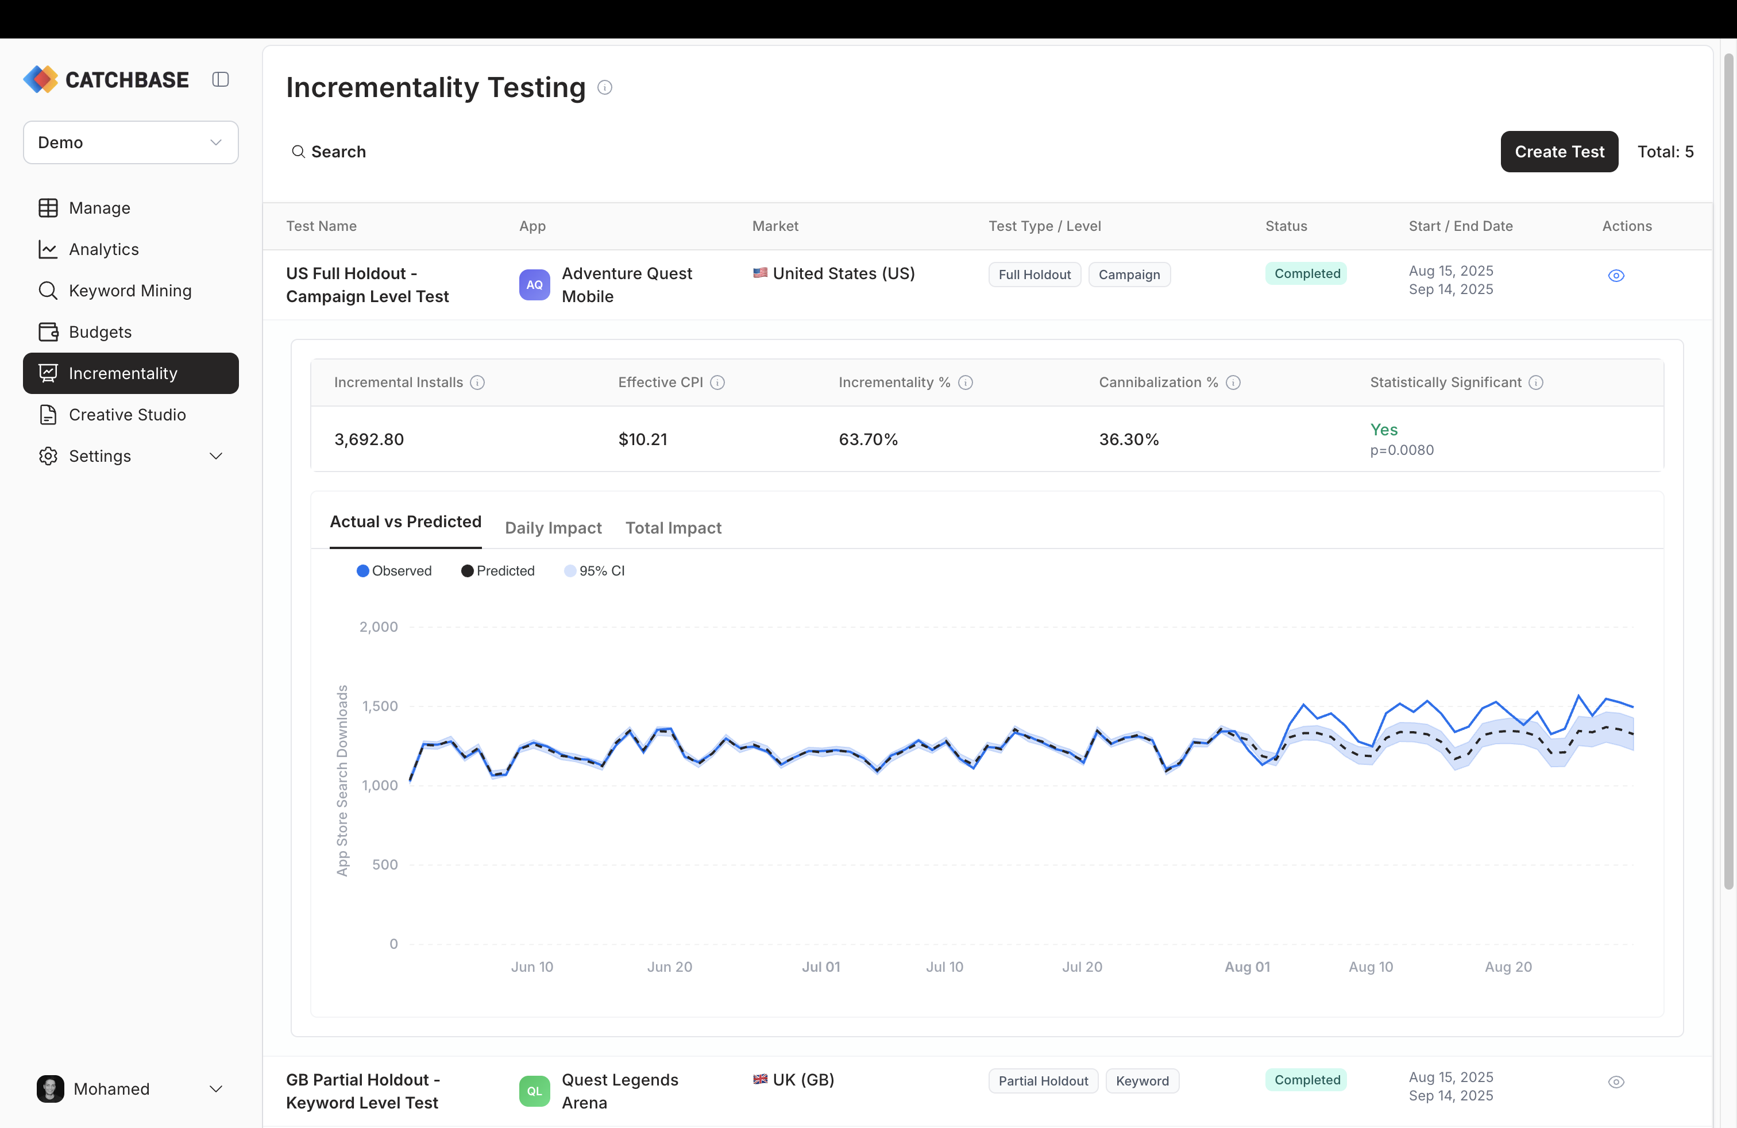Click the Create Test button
click(x=1558, y=152)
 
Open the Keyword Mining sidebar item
click(x=130, y=291)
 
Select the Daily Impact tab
click(x=553, y=527)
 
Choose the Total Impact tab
click(x=673, y=527)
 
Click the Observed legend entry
click(x=394, y=570)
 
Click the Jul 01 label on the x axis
click(x=820, y=967)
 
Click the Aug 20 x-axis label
click(x=1508, y=967)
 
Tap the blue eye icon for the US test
click(x=1616, y=276)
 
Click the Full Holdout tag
click(x=1033, y=275)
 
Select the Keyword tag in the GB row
click(x=1141, y=1080)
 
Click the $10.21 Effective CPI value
click(x=642, y=439)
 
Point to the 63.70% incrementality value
click(x=868, y=439)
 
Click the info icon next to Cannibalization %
click(x=1233, y=383)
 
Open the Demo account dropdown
click(x=130, y=142)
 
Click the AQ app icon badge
click(x=534, y=284)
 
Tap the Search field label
click(x=338, y=152)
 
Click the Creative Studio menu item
click(x=127, y=415)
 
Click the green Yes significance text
click(x=1383, y=429)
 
